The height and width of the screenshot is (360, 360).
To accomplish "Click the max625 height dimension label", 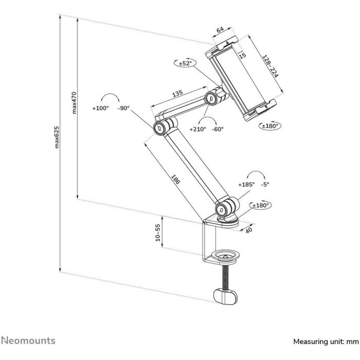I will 57,144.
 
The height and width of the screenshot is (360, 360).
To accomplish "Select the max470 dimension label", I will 74,103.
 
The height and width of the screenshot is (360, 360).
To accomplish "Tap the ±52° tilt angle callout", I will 185,63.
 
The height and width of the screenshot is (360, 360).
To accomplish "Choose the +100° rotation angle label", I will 101,109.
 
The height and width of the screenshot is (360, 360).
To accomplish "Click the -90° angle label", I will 123,109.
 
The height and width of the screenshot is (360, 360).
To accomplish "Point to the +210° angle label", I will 197,129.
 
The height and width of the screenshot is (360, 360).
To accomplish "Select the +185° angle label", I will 246,184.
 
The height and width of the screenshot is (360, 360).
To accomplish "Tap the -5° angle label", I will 265,184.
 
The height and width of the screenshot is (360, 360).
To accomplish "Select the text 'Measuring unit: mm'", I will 325,341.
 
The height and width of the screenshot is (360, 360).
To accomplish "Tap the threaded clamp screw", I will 225,278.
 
